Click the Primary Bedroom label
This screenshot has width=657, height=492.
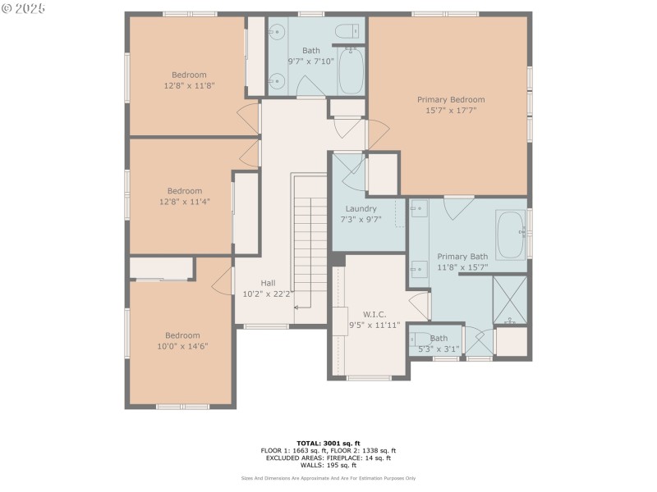tap(450, 99)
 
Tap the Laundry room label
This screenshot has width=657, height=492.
tap(361, 208)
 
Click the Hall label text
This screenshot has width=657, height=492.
tap(268, 282)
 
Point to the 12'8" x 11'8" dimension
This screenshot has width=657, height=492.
tap(188, 84)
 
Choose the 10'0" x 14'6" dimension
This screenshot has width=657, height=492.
tap(182, 346)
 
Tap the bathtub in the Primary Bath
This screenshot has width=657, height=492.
tap(511, 235)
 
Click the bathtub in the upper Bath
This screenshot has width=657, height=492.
tap(351, 71)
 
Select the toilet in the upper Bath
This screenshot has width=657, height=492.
tap(348, 31)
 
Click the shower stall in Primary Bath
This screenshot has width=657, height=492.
tap(510, 299)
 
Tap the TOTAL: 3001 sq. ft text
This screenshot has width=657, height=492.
tap(328, 443)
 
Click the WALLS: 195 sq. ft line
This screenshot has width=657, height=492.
tap(328, 464)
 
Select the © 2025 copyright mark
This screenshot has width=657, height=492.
tap(24, 8)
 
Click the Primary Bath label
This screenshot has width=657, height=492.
tap(462, 256)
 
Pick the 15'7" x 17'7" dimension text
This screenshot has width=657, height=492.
tap(450, 110)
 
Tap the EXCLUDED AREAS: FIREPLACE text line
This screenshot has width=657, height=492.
tap(328, 457)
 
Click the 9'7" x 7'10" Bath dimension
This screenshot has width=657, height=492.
tap(310, 61)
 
